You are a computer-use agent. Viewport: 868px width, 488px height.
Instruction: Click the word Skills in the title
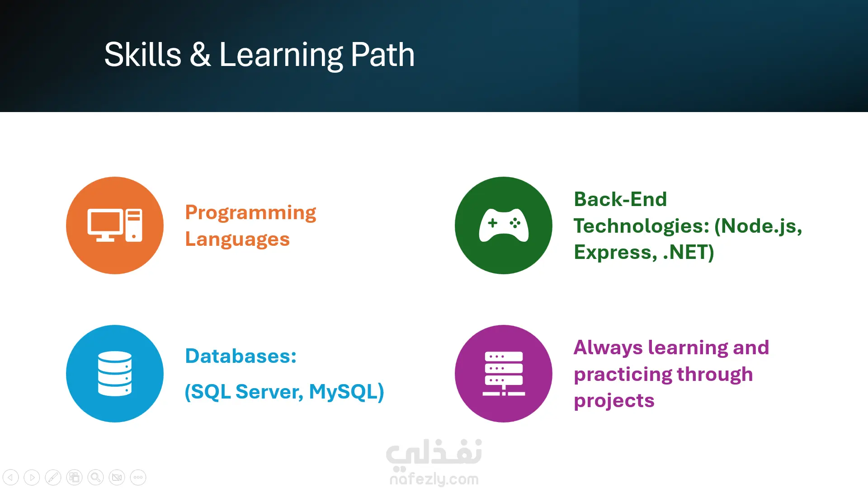143,54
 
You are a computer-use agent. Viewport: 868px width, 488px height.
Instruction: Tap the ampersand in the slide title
200,55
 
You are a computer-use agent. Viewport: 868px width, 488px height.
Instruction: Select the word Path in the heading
382,54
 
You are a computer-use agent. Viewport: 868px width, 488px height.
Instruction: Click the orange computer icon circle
115,225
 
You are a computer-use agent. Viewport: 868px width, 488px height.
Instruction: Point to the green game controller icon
504,225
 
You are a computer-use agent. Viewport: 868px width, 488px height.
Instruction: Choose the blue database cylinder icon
115,374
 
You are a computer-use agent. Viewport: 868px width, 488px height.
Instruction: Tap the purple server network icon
504,374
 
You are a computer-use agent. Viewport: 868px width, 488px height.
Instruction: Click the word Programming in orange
250,213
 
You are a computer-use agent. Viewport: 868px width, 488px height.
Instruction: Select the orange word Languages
237,239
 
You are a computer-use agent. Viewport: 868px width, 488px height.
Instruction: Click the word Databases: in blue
241,356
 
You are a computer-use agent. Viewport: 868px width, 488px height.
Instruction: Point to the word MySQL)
346,392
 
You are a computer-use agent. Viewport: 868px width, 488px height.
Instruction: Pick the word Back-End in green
620,199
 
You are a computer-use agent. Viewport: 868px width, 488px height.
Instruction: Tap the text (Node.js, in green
758,226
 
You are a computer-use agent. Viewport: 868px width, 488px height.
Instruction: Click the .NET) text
689,252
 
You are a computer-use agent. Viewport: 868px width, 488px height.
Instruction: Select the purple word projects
614,401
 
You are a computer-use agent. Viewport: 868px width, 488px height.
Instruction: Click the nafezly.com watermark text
434,479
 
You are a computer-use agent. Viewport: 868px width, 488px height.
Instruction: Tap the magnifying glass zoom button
95,477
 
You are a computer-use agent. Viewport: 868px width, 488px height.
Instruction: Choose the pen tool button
53,477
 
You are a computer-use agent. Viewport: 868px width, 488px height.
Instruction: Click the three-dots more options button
138,477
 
